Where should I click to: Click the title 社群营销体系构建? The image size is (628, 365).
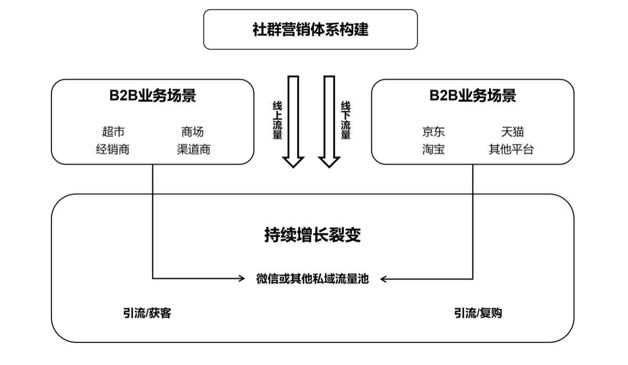click(310, 29)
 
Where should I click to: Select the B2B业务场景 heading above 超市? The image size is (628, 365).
click(153, 95)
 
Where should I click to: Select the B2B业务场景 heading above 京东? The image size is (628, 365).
click(473, 95)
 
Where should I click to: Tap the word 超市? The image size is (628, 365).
click(113, 131)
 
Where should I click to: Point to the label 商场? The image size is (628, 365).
click(192, 131)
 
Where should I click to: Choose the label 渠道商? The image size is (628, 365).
click(193, 149)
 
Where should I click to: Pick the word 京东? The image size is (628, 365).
click(433, 131)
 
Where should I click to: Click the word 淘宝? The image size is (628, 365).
click(433, 149)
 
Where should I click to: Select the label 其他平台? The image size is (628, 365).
click(511, 149)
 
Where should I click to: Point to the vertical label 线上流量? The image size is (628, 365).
click(277, 120)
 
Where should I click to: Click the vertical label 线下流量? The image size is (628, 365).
click(346, 120)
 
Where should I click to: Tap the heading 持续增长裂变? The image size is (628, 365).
click(312, 235)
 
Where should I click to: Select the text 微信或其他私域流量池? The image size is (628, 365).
click(312, 279)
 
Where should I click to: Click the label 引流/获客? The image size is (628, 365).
click(147, 313)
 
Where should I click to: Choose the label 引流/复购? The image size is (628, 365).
click(478, 313)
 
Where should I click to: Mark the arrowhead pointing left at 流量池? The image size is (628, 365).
click(384, 279)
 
